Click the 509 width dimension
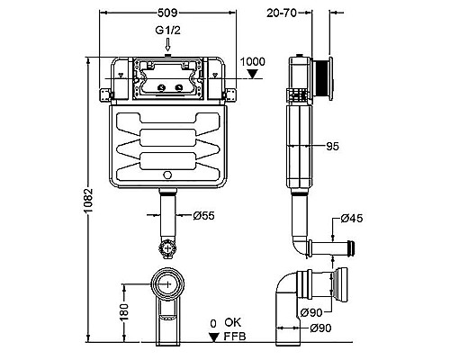pos(167,13)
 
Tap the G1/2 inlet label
pos(167,31)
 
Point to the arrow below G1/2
pos(168,44)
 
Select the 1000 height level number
pos(253,61)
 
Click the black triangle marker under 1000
pos(253,74)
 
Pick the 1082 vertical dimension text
pos(88,200)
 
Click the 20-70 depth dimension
pos(282,13)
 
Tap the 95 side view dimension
pos(332,146)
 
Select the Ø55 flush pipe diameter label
pos(203,215)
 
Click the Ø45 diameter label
pos(352,218)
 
